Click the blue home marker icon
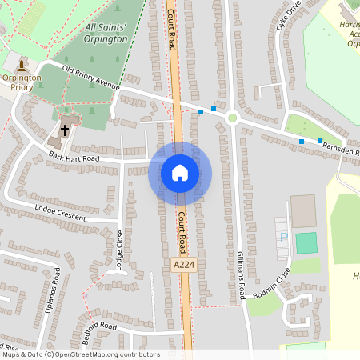(x=180, y=173)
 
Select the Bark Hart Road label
(x=73, y=158)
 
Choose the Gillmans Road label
(x=240, y=274)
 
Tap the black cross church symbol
(x=65, y=129)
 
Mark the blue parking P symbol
(x=282, y=238)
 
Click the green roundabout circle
(x=233, y=118)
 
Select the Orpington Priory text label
(x=21, y=82)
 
